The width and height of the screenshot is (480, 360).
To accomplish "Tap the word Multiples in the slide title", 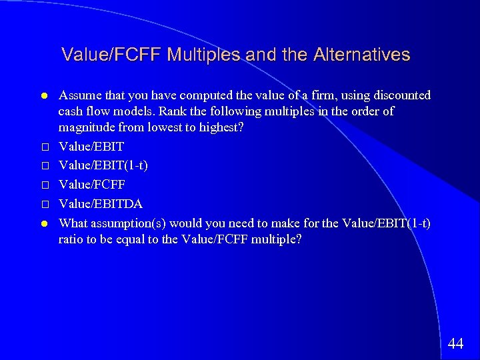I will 205,55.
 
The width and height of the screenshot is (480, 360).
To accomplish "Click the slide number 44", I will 456,344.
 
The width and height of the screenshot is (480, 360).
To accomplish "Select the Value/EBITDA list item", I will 101,203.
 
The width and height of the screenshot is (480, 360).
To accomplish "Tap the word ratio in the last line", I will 71,239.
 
